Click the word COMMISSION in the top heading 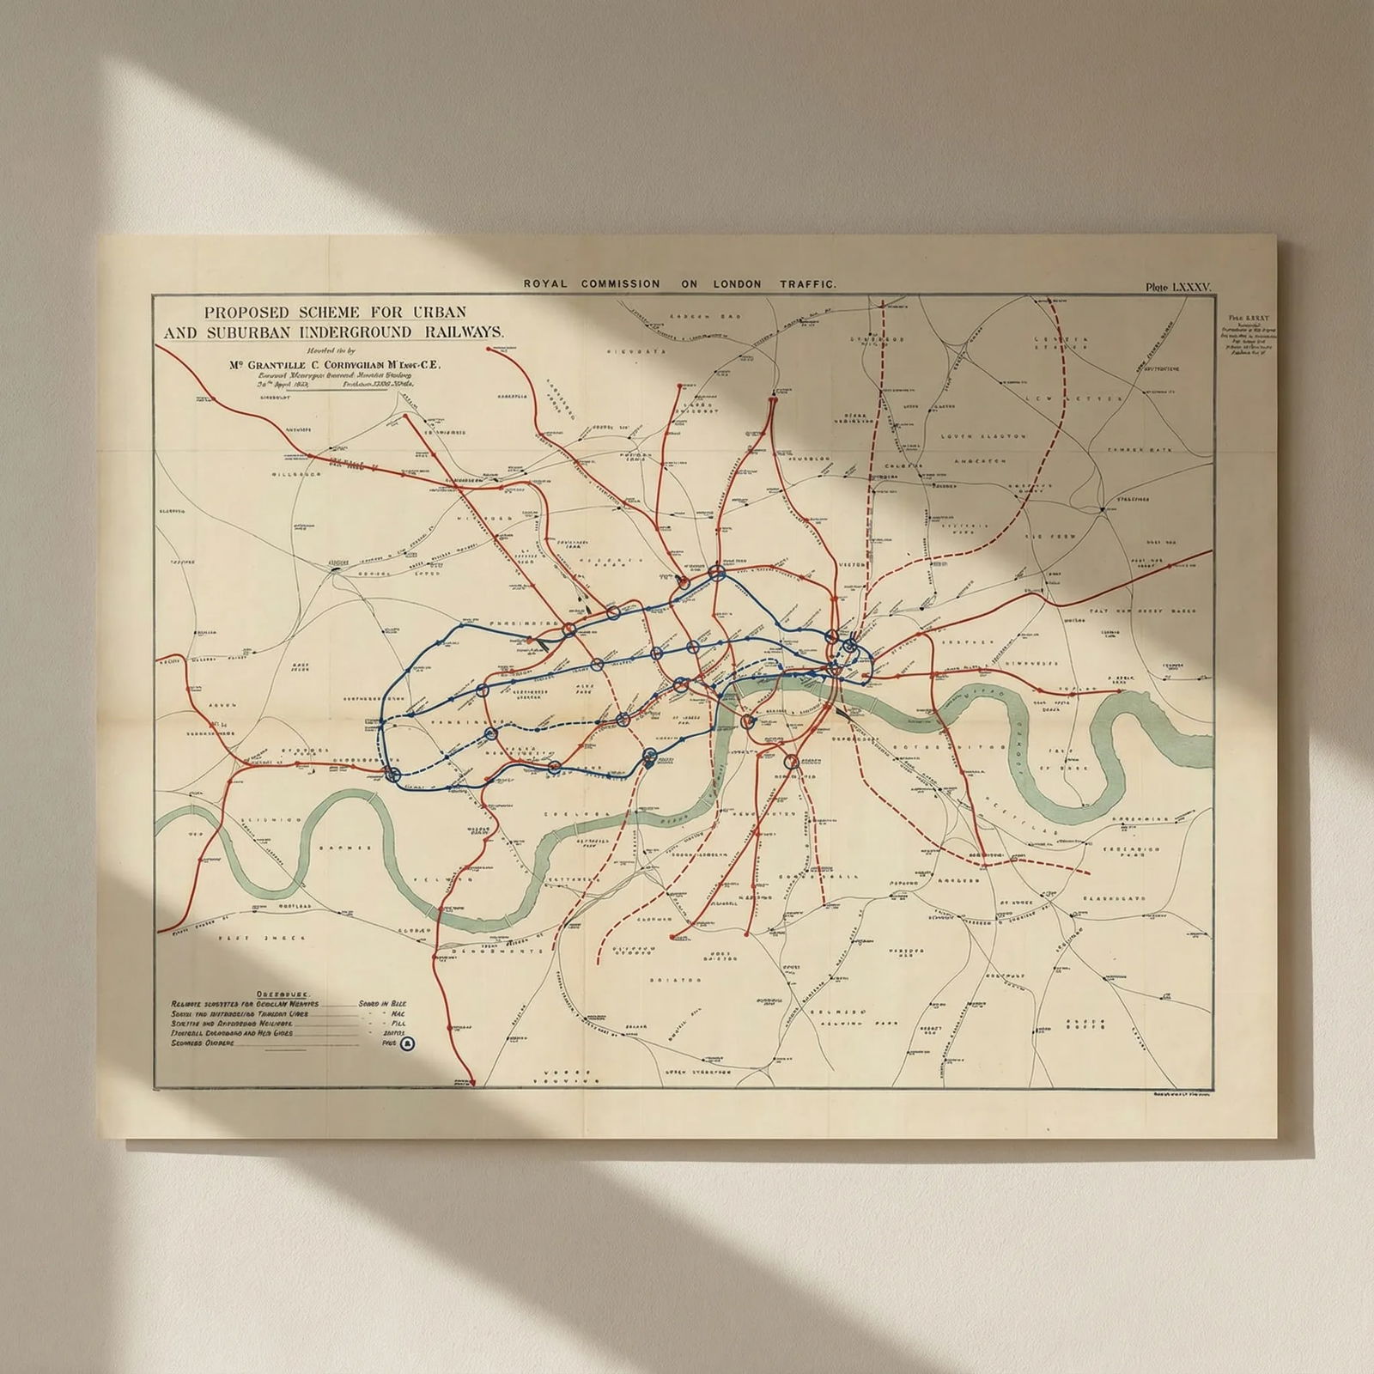[x=621, y=283]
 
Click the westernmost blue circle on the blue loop [x=394, y=775]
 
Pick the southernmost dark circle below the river [x=791, y=761]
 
